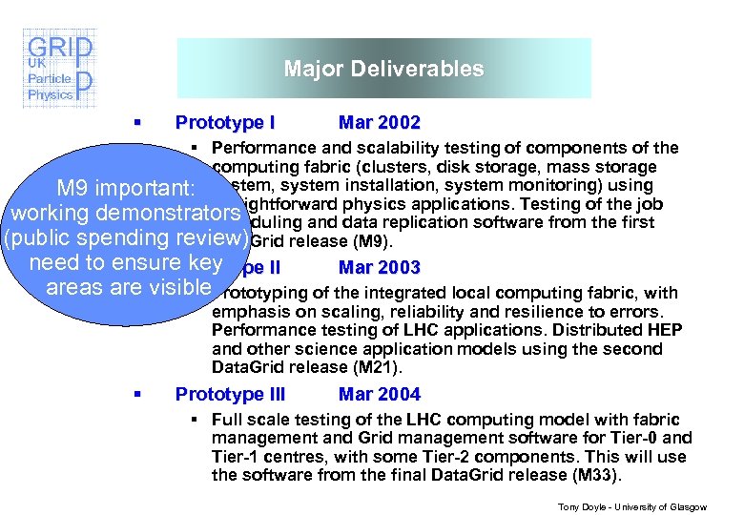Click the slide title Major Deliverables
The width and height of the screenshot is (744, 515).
pyautogui.click(x=383, y=69)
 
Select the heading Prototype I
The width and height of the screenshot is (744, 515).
pyautogui.click(x=226, y=123)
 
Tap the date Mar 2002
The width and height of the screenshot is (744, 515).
pyautogui.click(x=380, y=123)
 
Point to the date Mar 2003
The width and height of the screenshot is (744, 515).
pyautogui.click(x=380, y=268)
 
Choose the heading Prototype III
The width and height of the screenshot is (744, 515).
pyautogui.click(x=231, y=394)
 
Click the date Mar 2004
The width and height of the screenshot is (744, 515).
pyautogui.click(x=380, y=394)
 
